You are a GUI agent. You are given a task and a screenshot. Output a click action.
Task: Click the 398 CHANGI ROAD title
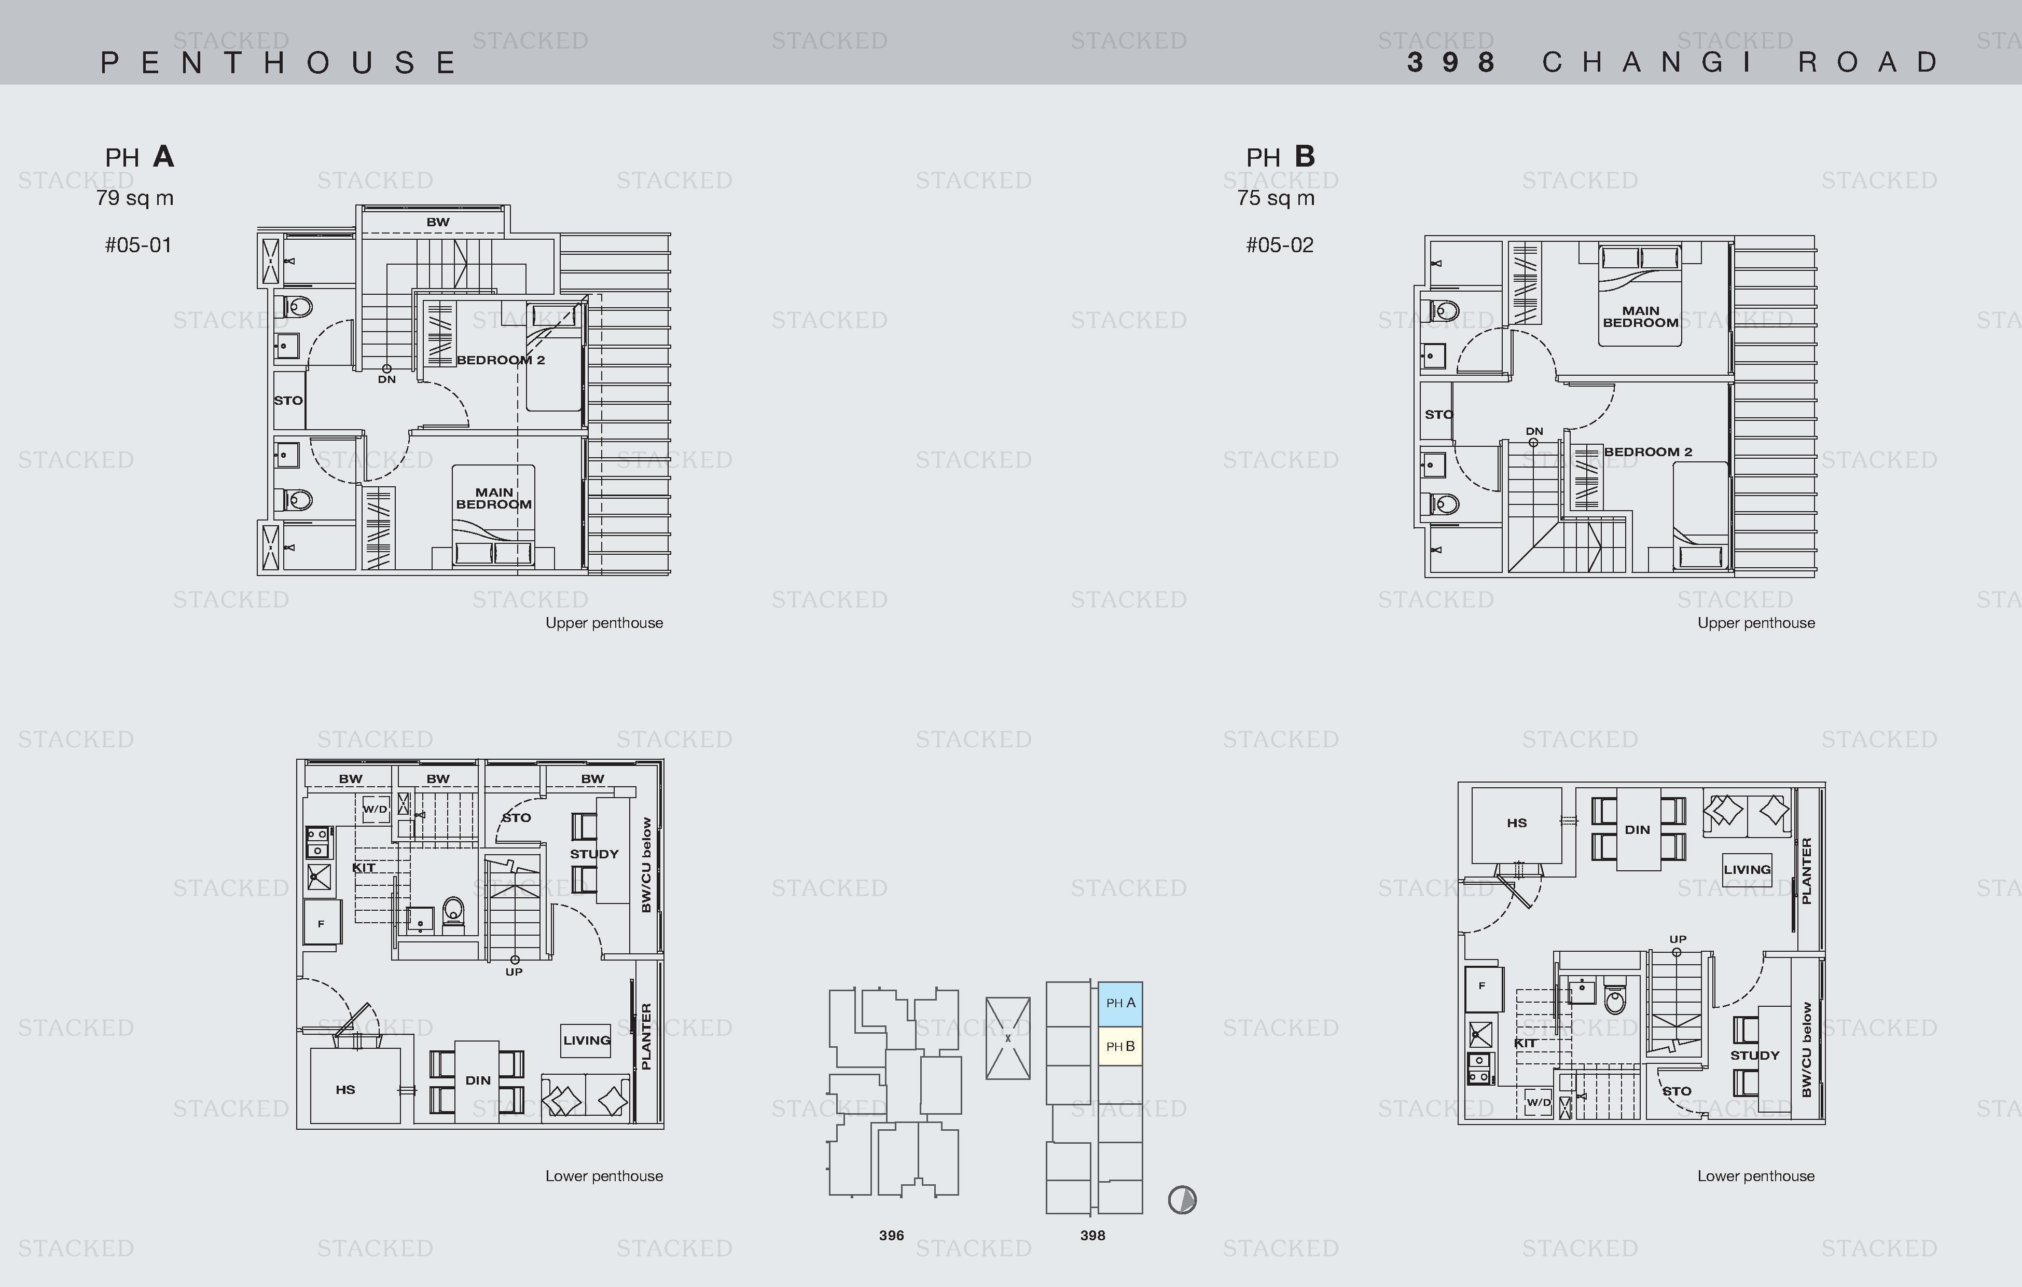coord(1673,62)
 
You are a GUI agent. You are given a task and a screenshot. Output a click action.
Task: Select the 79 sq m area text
coord(134,198)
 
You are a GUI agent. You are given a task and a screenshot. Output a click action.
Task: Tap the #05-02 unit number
coord(1280,245)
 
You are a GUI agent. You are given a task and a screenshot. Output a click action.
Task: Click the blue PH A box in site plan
coord(1120,1004)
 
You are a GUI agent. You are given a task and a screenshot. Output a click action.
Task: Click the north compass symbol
coord(1182,1200)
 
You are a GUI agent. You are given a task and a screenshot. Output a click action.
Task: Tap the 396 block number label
coord(892,1236)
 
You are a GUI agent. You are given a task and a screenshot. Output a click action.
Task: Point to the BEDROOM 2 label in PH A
coord(501,360)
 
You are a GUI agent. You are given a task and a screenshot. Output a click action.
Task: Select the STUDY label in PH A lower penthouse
coord(594,854)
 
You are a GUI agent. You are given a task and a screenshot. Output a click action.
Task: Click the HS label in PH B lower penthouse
coord(1517,823)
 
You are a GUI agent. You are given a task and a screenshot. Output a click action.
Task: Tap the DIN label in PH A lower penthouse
coord(478,1080)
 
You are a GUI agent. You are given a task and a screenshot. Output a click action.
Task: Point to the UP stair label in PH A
coord(514,972)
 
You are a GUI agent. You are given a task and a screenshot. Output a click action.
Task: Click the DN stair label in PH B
coord(1534,431)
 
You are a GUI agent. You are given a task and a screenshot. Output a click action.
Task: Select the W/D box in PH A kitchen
coord(376,809)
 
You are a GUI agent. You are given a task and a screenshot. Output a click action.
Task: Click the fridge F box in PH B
coord(1482,986)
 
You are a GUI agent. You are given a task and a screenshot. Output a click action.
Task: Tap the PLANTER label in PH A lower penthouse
coord(646,1037)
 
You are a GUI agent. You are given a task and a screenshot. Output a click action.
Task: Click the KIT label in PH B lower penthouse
coord(1525,1044)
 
